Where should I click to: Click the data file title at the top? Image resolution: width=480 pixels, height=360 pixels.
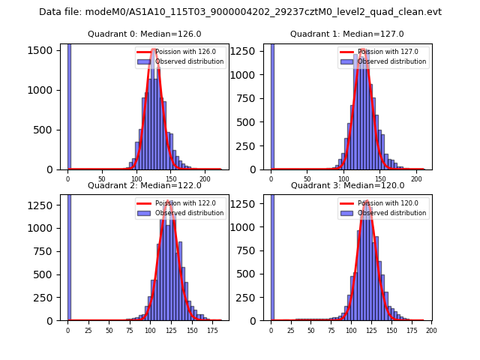[x=240, y=12]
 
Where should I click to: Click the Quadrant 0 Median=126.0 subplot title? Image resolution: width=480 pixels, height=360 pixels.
[x=144, y=34]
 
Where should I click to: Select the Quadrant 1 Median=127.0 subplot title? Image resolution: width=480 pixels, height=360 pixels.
[x=346, y=34]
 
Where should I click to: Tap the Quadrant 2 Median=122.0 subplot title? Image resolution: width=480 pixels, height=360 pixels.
[x=144, y=185]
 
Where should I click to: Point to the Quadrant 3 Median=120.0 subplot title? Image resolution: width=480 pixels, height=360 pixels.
[x=346, y=185]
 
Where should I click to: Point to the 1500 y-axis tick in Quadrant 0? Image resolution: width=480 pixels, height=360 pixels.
[x=40, y=49]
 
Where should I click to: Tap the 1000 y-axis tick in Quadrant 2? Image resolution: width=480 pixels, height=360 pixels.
[x=40, y=228]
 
